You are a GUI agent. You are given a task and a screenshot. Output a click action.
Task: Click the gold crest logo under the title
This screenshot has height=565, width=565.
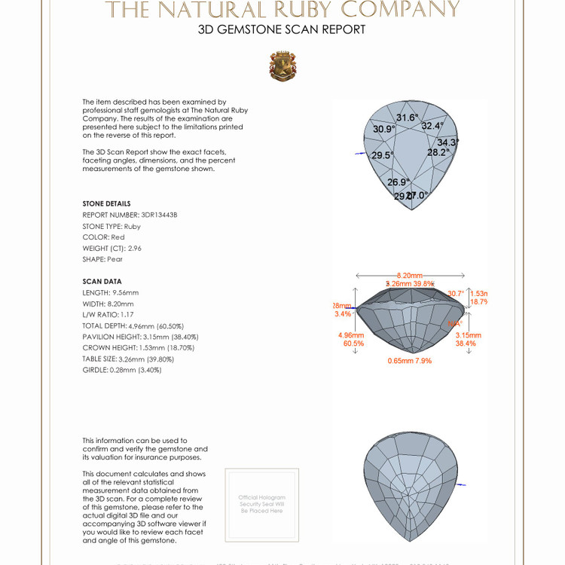[282, 66]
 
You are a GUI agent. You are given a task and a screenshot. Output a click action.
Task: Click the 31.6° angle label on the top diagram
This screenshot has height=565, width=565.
[407, 118]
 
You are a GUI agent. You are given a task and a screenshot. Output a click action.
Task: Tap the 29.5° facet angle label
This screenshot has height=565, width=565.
[383, 155]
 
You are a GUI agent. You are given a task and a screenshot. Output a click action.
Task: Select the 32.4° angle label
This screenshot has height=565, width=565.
[432, 126]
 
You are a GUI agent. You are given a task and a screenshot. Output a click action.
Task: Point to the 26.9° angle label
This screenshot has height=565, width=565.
[398, 182]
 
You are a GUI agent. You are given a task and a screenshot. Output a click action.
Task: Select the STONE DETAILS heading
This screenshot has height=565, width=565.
[106, 203]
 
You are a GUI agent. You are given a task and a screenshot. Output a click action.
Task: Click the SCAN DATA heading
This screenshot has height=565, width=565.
[102, 281]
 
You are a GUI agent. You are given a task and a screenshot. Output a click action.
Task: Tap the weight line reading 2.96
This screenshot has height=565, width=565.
[111, 248]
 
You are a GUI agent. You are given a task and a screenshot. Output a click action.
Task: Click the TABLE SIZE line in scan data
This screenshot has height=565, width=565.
[127, 359]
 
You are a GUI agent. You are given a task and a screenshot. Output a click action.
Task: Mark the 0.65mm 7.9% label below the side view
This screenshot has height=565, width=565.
[410, 361]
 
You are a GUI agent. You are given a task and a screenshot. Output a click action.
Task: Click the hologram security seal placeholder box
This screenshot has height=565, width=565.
[261, 504]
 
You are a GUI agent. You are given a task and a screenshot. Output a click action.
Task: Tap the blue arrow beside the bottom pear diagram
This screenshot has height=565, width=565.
[461, 484]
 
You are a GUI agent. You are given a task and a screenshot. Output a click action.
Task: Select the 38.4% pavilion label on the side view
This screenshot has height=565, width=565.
[466, 344]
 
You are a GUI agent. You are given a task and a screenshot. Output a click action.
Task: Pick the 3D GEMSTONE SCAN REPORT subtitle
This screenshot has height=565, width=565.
[282, 30]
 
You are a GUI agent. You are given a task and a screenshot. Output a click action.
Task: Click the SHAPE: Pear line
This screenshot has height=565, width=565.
[102, 259]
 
